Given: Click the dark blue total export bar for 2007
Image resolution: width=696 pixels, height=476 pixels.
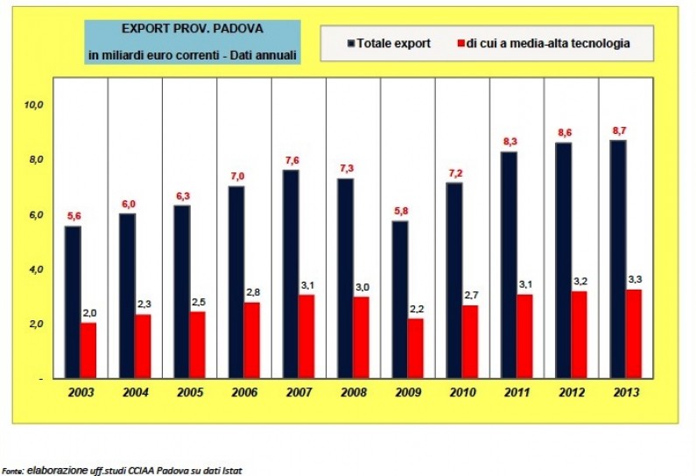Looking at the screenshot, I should [292, 274].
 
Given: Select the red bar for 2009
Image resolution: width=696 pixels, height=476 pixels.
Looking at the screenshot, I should [415, 348].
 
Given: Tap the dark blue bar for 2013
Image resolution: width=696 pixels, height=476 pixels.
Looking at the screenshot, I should [618, 259].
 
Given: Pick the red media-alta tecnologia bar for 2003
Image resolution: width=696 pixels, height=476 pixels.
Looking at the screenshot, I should [88, 351].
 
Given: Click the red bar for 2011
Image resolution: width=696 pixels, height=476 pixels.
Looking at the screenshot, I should [524, 336].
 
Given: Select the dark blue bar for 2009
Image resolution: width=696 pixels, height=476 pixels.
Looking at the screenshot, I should [400, 299].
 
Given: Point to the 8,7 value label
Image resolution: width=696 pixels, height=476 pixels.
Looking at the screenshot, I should [618, 130].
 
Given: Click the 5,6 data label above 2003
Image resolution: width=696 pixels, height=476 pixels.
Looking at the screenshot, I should [74, 216].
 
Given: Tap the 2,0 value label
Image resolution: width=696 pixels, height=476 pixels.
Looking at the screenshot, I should [88, 313].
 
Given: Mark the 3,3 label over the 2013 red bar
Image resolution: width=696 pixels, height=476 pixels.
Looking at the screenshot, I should [634, 279].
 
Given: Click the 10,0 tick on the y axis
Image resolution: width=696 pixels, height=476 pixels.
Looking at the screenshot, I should [33, 105].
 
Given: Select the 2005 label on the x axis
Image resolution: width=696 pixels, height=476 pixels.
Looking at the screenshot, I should [190, 393].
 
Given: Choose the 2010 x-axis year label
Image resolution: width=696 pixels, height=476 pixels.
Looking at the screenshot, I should [462, 393].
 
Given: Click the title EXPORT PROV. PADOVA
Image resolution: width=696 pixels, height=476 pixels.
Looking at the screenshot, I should [192, 29].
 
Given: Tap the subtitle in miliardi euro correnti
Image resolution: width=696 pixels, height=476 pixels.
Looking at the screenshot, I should [192, 55].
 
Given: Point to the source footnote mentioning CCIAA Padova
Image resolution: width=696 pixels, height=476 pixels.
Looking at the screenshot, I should [123, 470].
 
